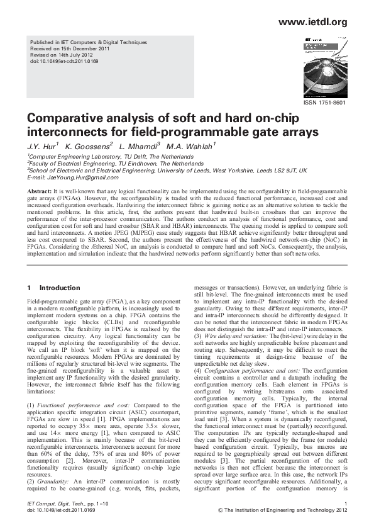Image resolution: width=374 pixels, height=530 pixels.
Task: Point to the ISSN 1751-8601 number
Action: point(325,103)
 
